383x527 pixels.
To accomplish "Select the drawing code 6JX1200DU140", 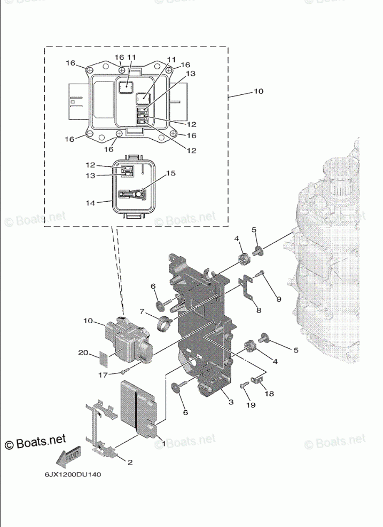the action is point(73,475).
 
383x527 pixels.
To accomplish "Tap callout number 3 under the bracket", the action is point(231,402).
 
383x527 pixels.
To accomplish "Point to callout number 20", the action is point(83,353).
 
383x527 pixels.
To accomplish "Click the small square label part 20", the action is point(105,358).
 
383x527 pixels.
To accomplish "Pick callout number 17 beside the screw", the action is point(103,375).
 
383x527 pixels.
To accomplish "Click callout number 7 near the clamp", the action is point(142,312).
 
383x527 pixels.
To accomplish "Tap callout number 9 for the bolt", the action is point(279,299).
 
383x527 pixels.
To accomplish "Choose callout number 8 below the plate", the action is point(259,310).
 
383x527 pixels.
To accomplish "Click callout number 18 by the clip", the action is point(269,393).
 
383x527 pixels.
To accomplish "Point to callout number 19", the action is point(251,405).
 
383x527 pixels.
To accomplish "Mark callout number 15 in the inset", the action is point(171,173).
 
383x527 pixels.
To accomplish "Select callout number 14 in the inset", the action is point(90,203).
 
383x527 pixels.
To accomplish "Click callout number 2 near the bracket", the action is point(130,462).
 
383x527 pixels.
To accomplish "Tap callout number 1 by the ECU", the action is point(164,444).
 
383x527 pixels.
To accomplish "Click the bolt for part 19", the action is point(243,387).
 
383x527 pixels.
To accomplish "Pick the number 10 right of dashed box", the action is point(259,91).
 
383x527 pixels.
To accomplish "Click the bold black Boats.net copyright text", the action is point(35,442).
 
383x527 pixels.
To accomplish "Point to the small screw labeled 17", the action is point(124,370).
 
